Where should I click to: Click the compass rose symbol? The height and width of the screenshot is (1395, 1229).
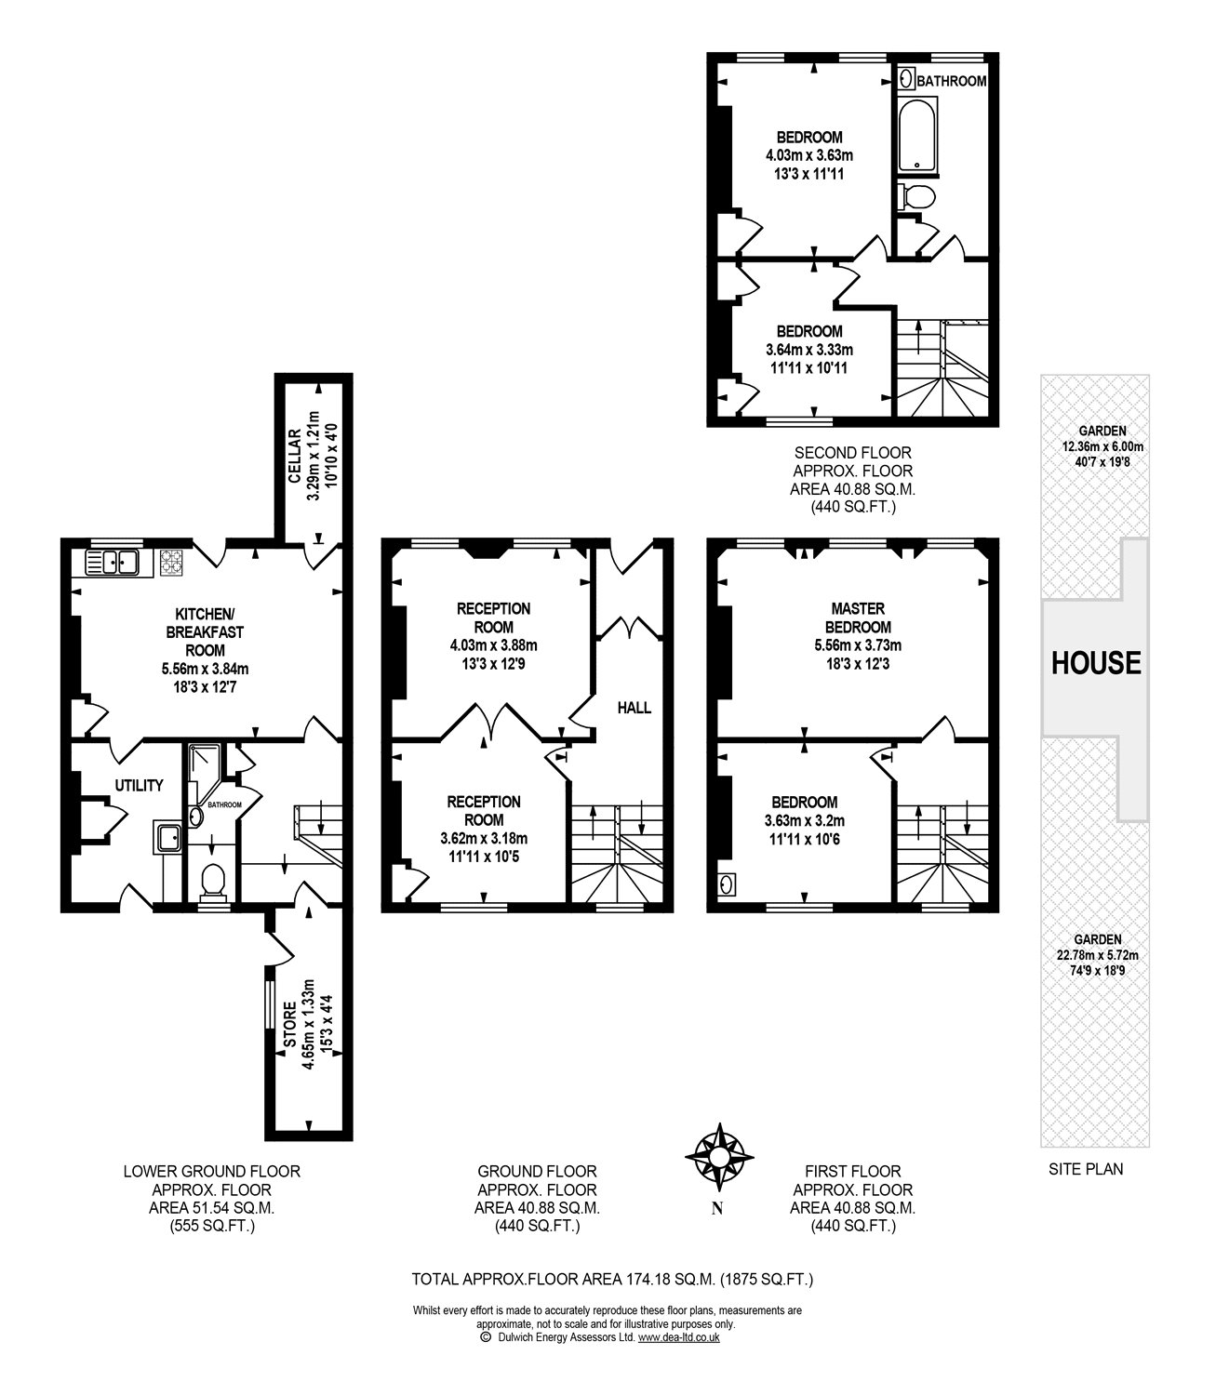point(718,1156)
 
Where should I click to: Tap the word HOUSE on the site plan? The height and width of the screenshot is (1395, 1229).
point(1095,662)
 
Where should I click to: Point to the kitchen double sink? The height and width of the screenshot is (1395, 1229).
point(112,562)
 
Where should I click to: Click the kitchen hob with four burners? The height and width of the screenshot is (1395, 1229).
point(171,562)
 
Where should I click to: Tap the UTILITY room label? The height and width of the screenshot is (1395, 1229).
point(139,785)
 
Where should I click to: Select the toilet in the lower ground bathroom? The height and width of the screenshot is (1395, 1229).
point(213,881)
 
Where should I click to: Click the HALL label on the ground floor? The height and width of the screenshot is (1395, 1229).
point(635,708)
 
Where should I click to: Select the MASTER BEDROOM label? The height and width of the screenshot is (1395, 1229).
point(858,618)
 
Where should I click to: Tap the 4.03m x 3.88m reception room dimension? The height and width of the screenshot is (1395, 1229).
point(493,645)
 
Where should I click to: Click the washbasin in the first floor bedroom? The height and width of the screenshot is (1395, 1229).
point(727,883)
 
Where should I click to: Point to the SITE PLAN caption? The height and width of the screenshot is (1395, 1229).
point(1086,1169)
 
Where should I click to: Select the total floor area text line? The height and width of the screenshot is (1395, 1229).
point(613,1280)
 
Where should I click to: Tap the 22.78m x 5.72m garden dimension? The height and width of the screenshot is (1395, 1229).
point(1094,954)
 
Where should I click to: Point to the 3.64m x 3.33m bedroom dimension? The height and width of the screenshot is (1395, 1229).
point(809,350)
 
